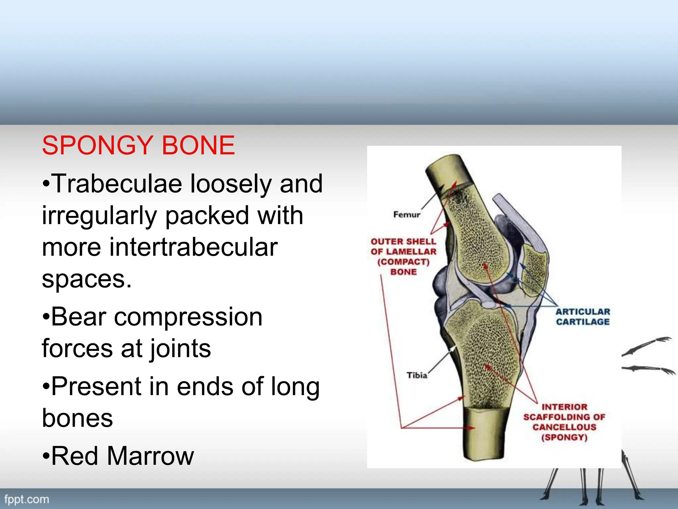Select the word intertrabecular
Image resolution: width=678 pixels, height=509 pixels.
pyautogui.click(x=193, y=247)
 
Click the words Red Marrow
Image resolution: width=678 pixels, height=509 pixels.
pyautogui.click(x=122, y=456)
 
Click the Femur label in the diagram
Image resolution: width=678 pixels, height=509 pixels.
pyautogui.click(x=407, y=215)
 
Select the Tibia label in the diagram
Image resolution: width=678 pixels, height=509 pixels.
pyautogui.click(x=417, y=375)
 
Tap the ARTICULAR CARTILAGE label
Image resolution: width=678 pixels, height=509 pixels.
pyautogui.click(x=583, y=317)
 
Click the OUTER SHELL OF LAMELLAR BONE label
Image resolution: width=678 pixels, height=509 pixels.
pyautogui.click(x=403, y=256)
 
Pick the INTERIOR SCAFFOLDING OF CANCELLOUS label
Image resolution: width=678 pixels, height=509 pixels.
pyautogui.click(x=564, y=422)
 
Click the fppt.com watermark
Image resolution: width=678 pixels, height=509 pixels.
pyautogui.click(x=26, y=499)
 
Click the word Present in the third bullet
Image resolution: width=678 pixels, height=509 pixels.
pyautogui.click(x=96, y=386)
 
